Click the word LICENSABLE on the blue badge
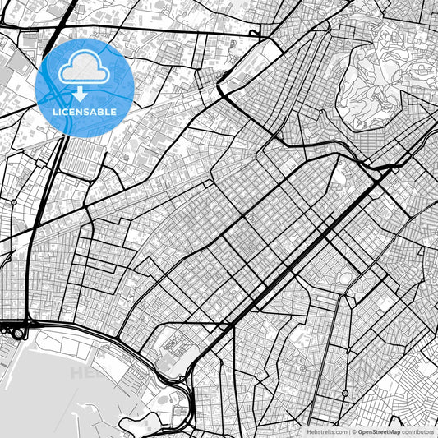point(85,112)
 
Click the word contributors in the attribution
point(418,431)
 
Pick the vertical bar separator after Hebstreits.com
point(348,431)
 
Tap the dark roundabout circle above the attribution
point(343,394)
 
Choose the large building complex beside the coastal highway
point(173,349)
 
